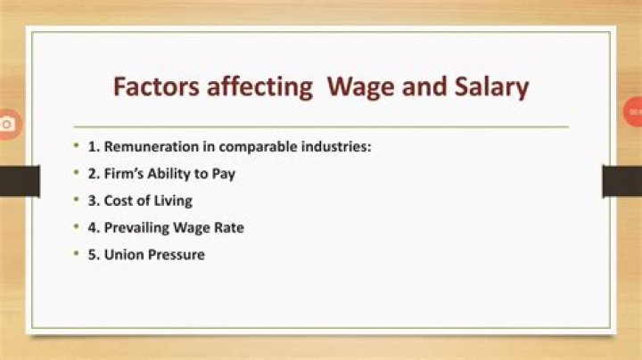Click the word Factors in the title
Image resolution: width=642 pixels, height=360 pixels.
tap(153, 87)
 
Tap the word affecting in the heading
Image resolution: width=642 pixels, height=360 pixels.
tap(257, 87)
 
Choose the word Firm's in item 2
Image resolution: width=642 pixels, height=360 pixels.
tap(126, 174)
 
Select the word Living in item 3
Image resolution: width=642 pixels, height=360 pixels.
tap(172, 200)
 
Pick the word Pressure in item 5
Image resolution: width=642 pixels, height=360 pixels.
tap(177, 254)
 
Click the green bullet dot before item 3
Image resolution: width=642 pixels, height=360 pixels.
tap(78, 200)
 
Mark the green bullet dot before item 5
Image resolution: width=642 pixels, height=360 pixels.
tap(78, 254)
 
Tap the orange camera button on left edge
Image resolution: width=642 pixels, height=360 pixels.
tap(7, 123)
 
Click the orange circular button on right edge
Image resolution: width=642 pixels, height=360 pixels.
tap(632, 112)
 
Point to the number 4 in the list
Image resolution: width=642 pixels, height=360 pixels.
tap(93, 227)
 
